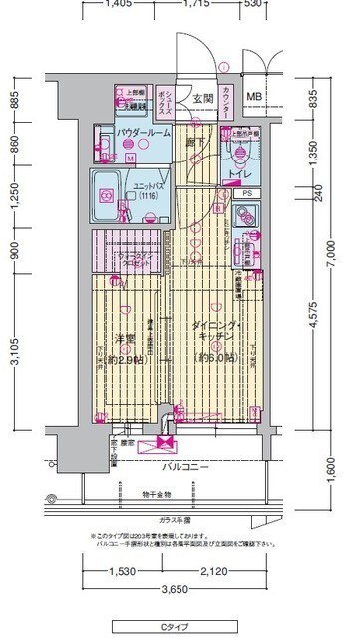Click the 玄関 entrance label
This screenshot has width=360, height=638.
[204, 98]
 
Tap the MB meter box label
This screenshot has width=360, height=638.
[254, 98]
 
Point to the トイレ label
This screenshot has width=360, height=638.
[238, 175]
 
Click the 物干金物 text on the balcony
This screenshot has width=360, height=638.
[156, 494]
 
